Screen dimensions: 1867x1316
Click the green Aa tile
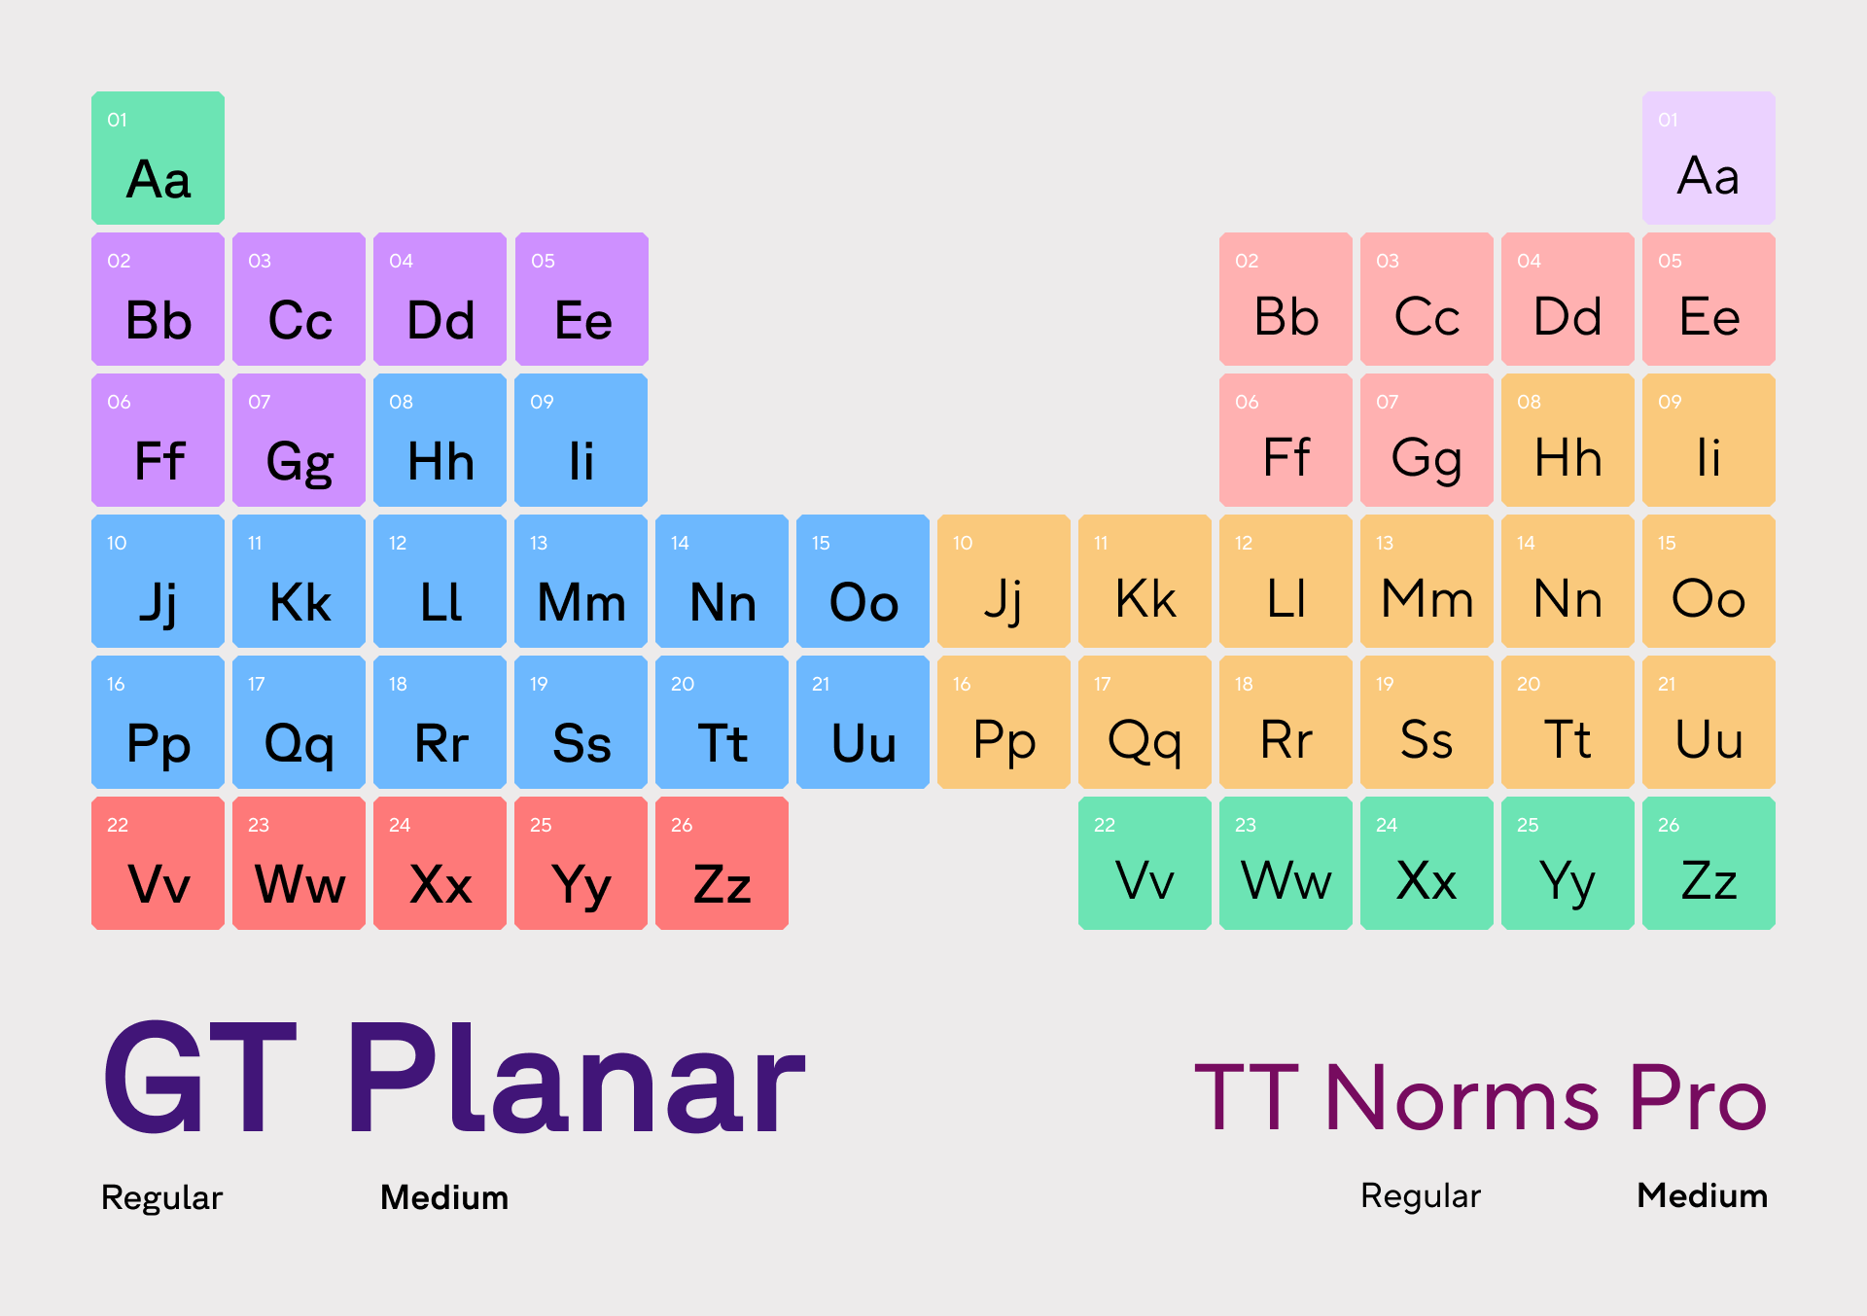[x=158, y=158]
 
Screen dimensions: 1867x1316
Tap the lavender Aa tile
[x=1708, y=158]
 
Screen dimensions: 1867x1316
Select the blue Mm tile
[x=581, y=581]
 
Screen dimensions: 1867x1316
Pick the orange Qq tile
[x=1145, y=722]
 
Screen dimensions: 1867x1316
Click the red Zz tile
[x=722, y=863]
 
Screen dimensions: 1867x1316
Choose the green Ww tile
[x=1286, y=863]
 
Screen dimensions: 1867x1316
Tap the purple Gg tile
[x=299, y=440]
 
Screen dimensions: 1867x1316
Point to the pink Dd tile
[x=1568, y=299]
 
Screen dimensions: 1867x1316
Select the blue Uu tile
[x=863, y=722]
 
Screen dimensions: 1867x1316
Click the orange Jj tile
[x=1004, y=581]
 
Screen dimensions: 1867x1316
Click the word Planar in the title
[x=577, y=1079]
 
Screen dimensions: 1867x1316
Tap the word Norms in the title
[x=1462, y=1097]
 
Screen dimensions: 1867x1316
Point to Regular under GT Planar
[x=161, y=1198]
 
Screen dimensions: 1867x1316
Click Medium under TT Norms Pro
[x=1702, y=1195]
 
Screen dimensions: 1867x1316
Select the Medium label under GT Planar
[x=444, y=1197]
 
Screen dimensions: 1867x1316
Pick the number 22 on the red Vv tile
[x=118, y=825]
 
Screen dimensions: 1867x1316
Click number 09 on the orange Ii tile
[x=1670, y=402]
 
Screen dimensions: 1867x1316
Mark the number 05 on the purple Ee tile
[x=543, y=261]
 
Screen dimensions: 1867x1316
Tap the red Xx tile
[x=440, y=863]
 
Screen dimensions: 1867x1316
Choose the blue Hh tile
[x=440, y=440]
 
